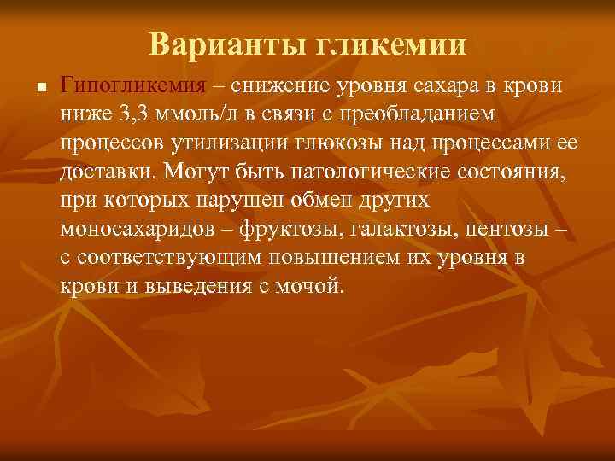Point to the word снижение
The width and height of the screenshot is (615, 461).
coord(283,85)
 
